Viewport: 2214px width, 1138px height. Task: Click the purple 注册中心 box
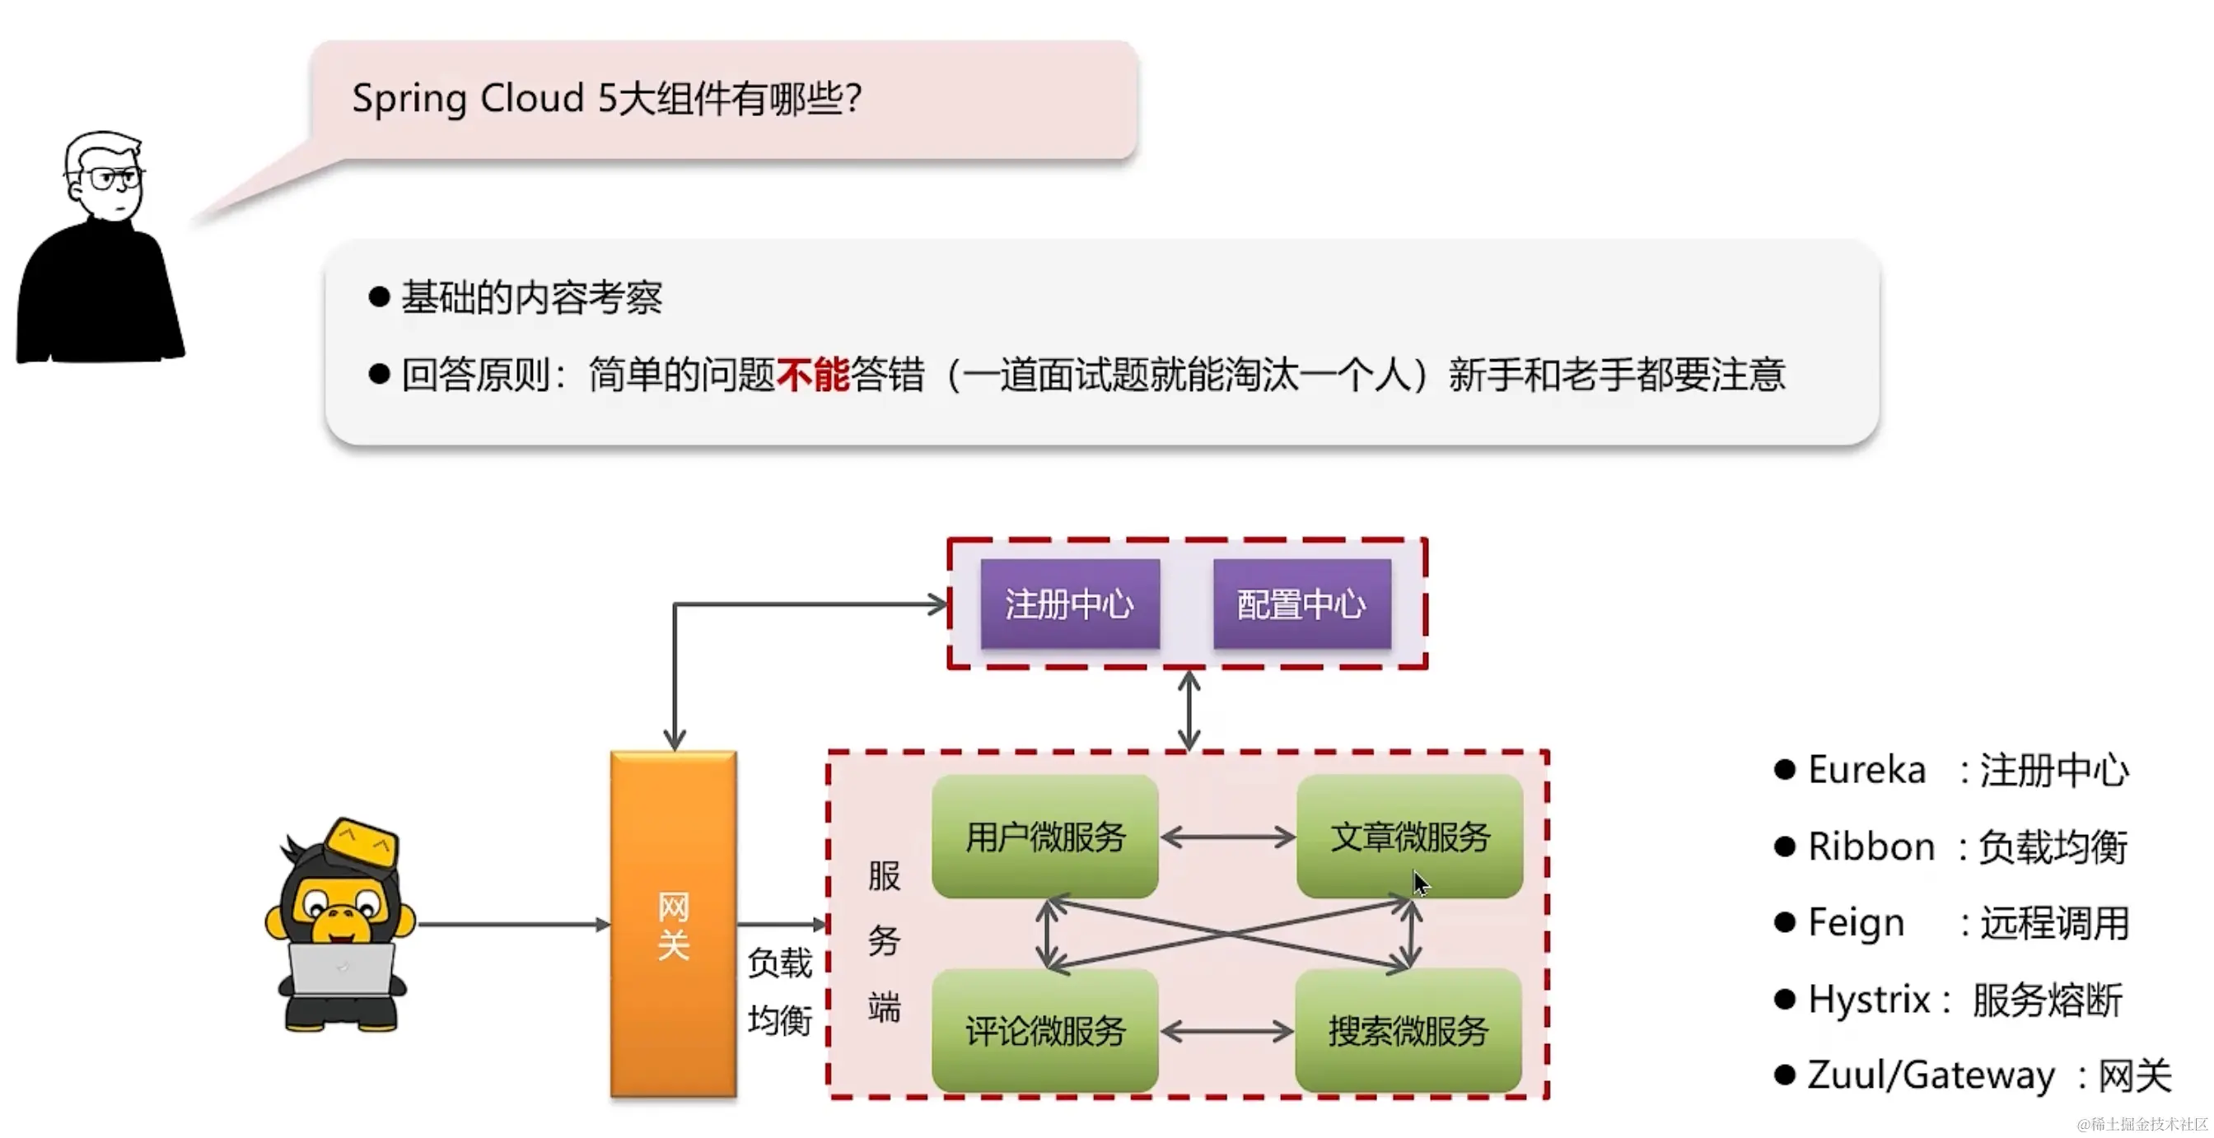(x=1069, y=604)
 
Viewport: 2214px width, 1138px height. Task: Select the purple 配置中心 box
(x=1301, y=604)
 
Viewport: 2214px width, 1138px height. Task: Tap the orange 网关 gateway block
(x=673, y=925)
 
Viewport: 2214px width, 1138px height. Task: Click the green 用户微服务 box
(x=1044, y=837)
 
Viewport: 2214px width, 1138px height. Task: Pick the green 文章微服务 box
(x=1409, y=837)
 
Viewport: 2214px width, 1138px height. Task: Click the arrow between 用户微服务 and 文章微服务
(x=1227, y=837)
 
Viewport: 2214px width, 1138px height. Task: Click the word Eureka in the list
(x=1866, y=769)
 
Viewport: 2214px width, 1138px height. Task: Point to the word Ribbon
(x=1871, y=847)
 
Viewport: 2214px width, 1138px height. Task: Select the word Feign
(x=1856, y=923)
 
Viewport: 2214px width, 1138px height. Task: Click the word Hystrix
(x=1869, y=1000)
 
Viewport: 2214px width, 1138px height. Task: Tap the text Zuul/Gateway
(x=1931, y=1075)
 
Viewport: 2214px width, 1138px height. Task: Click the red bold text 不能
(x=812, y=375)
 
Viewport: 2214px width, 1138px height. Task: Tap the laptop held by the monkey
(x=341, y=968)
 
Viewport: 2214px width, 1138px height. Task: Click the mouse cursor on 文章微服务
(x=1421, y=883)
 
